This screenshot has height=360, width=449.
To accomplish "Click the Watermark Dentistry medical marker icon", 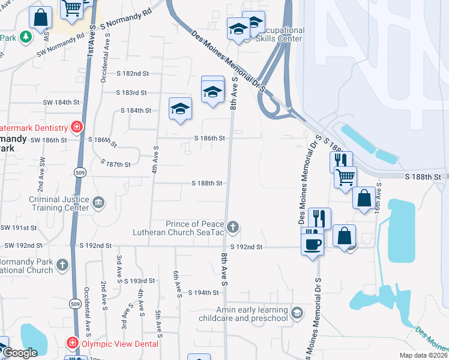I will (76, 127).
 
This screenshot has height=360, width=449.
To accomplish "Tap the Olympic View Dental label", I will (120, 344).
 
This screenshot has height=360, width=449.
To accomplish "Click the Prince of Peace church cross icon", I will (233, 227).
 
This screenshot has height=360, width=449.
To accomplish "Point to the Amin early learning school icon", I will (297, 313).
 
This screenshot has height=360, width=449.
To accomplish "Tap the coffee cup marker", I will (312, 244).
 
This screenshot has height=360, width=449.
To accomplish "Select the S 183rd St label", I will (131, 92).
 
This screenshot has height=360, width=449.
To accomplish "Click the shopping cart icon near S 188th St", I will (345, 176).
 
